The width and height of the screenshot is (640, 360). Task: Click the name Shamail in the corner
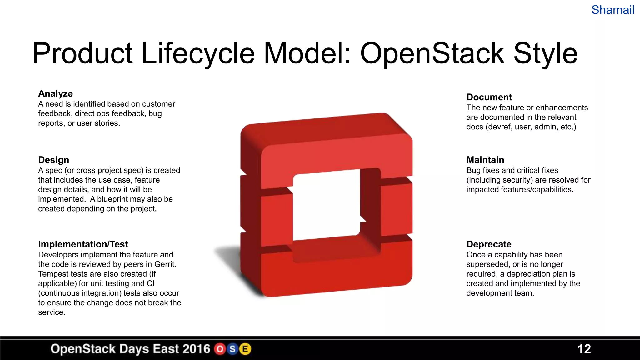tap(612, 10)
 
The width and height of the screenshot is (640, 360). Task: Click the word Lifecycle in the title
tap(198, 53)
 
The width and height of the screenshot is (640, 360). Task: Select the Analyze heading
tap(55, 93)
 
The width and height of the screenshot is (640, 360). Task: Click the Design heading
tap(53, 160)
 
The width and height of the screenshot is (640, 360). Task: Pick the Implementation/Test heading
tap(83, 244)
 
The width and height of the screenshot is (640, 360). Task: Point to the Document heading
tap(489, 97)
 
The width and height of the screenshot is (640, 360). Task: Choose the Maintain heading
tap(485, 160)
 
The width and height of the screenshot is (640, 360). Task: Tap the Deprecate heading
tap(489, 244)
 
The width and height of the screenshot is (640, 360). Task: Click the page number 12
tap(584, 349)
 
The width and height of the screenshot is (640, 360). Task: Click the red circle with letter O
tap(220, 349)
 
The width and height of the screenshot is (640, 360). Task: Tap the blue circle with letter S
tap(232, 349)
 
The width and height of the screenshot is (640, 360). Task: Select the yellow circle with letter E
tap(245, 349)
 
